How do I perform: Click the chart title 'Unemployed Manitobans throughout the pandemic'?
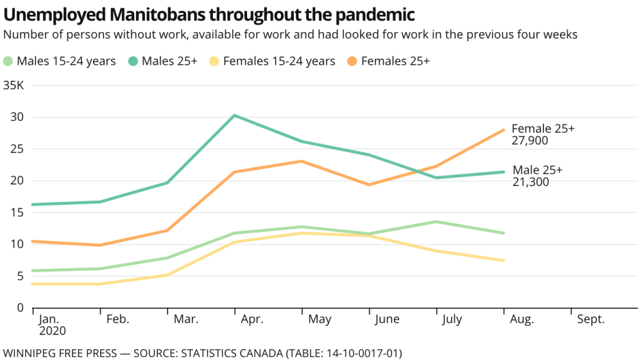tap(209, 14)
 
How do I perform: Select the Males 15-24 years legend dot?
tap(8, 62)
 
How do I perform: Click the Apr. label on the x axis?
tap(251, 320)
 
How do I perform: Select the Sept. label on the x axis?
tap(590, 320)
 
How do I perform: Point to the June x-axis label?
tap(387, 320)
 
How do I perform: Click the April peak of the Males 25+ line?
tap(235, 116)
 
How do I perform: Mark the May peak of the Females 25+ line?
tap(302, 161)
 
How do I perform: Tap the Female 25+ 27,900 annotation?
tap(543, 134)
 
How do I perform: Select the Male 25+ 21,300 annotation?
tap(538, 176)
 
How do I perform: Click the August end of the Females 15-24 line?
tap(504, 261)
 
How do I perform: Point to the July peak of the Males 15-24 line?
tap(436, 222)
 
